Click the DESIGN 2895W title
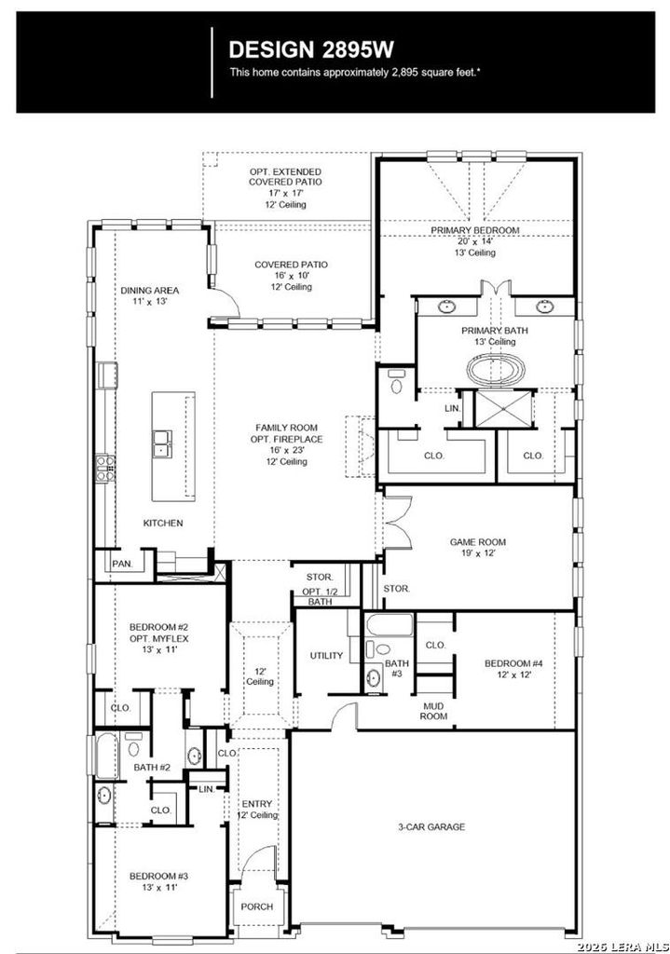311,49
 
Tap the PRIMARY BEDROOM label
474,230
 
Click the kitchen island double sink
162,443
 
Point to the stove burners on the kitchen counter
104,470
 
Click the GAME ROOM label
478,541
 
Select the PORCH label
257,906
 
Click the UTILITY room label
326,655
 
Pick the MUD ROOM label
433,711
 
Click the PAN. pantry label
122,564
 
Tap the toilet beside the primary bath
397,382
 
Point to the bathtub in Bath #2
106,756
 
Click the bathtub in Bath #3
390,625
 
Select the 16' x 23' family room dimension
287,450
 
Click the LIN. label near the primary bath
452,408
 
